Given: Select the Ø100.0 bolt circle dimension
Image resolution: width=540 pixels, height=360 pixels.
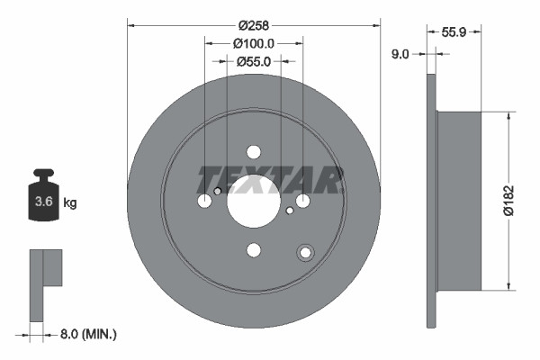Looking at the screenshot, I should [x=254, y=42].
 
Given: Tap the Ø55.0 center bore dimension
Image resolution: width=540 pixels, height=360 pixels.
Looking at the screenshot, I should [x=254, y=61].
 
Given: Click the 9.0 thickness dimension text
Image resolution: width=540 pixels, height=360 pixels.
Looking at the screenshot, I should [x=400, y=55].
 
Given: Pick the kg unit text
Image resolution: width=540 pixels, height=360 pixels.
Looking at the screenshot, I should [x=70, y=203].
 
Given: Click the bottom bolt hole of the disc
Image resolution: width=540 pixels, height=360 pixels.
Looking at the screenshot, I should [x=254, y=250].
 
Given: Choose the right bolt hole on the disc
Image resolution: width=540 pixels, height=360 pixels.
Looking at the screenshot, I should [x=303, y=201].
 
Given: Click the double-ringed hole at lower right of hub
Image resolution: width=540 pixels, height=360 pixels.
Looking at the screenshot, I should [x=305, y=253].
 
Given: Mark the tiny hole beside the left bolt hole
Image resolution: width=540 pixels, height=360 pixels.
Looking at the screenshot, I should [x=218, y=191].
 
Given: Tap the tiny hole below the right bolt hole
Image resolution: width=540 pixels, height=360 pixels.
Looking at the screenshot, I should [x=289, y=211].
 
